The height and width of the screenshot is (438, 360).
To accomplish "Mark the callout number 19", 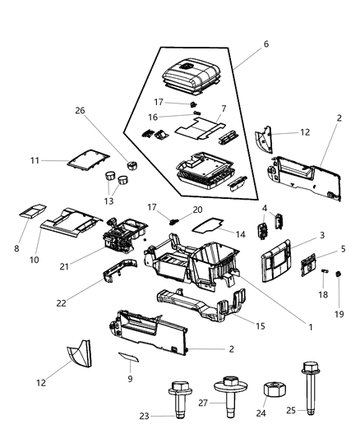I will pos(339,313).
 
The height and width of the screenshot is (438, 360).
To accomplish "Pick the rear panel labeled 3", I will pos(279,261).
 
